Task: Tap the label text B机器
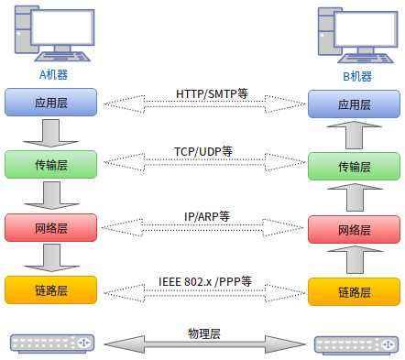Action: (354, 75)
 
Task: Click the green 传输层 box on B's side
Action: (354, 167)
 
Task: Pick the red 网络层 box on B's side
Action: (354, 229)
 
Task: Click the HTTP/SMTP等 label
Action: (212, 94)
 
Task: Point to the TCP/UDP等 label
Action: (203, 151)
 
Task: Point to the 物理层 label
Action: (203, 333)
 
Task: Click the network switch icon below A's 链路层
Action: (52, 344)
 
